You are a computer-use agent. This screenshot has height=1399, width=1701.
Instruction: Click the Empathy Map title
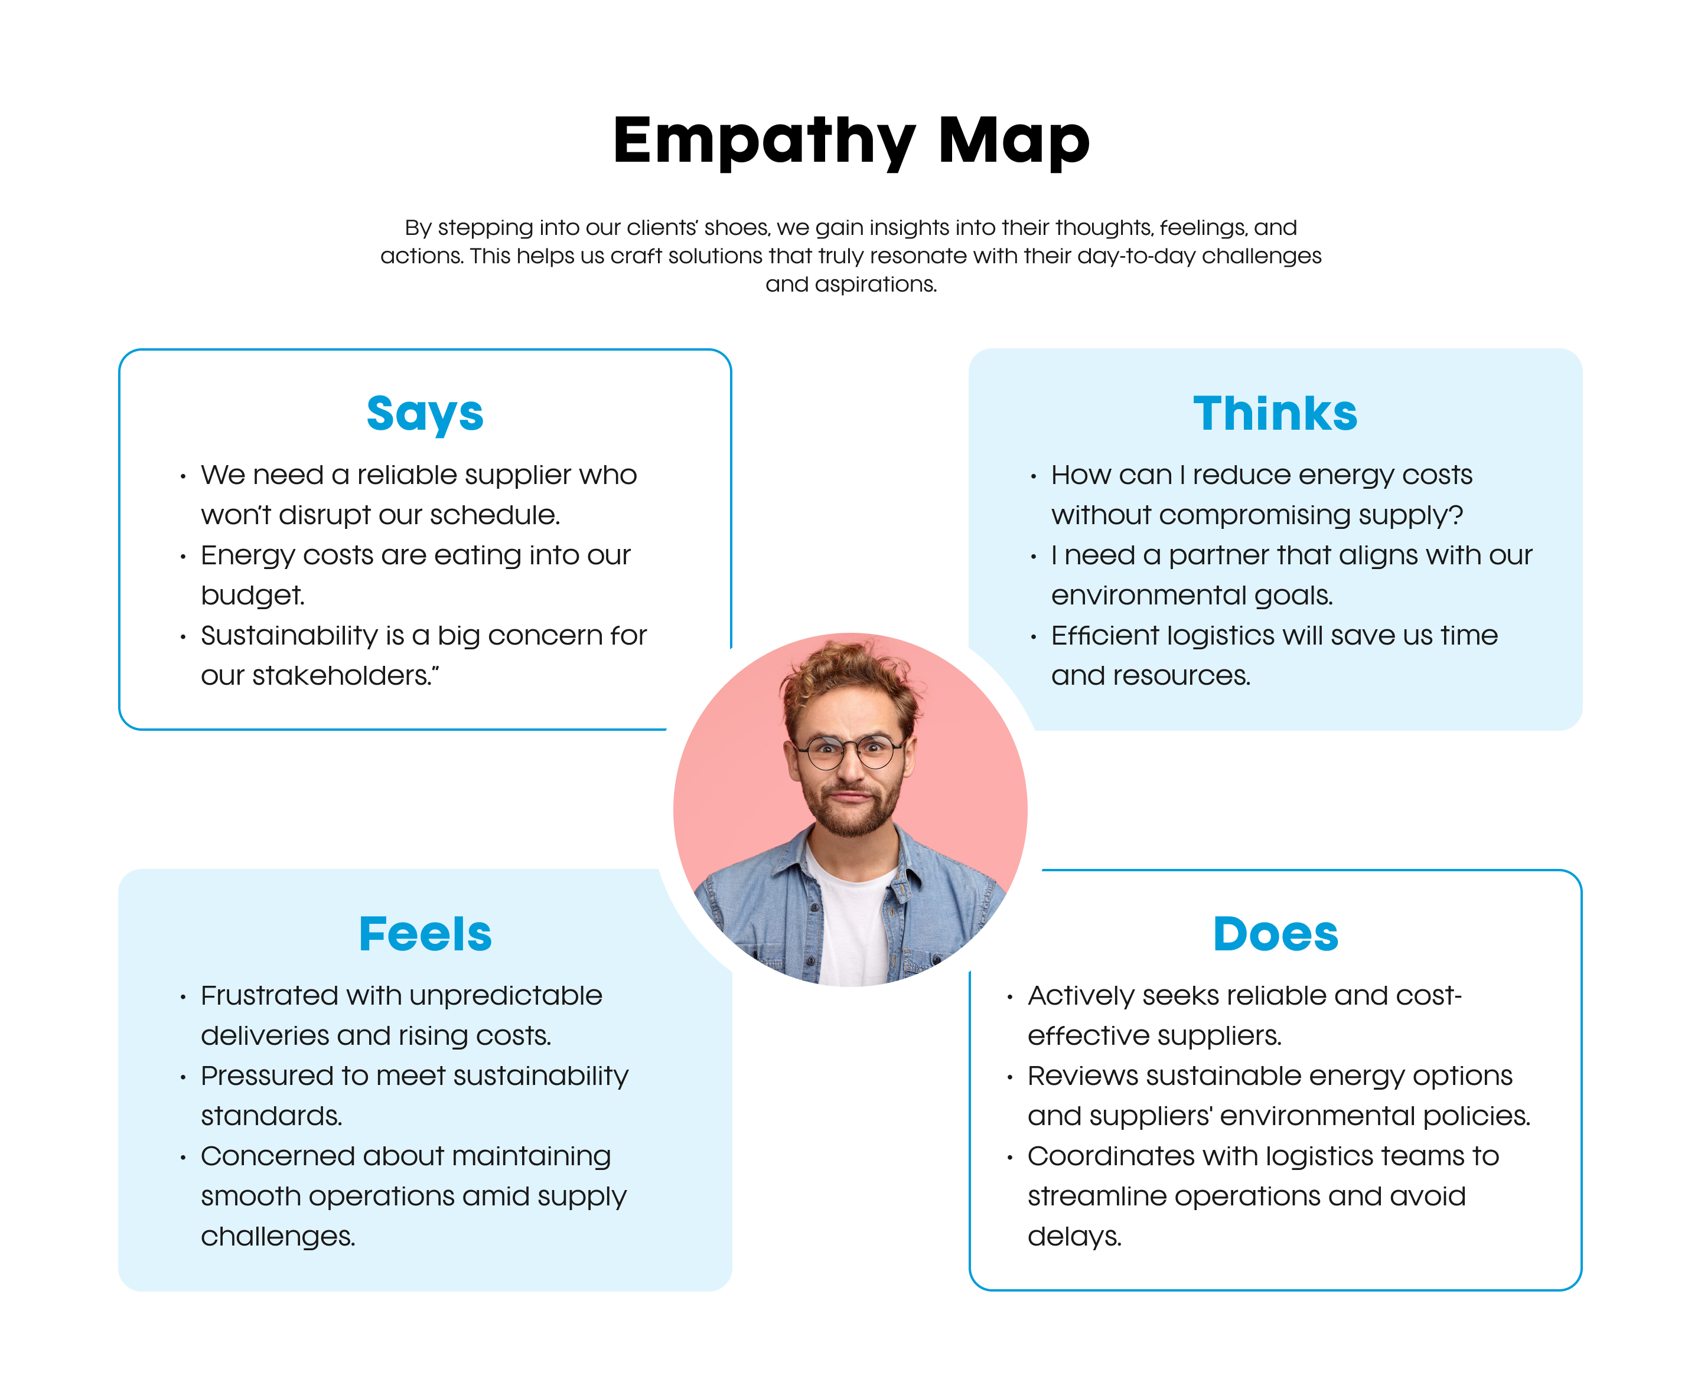pyautogui.click(x=850, y=141)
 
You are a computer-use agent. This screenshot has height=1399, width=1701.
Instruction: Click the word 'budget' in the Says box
pyautogui.click(x=252, y=596)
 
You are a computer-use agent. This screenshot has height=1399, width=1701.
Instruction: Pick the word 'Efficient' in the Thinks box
pyautogui.click(x=1104, y=636)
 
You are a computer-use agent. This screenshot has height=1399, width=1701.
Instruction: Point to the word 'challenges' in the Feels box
pyautogui.click(x=278, y=1236)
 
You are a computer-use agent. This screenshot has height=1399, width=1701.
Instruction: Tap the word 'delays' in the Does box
pyautogui.click(x=1074, y=1236)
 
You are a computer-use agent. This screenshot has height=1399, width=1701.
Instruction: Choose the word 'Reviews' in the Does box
pyautogui.click(x=1078, y=1076)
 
